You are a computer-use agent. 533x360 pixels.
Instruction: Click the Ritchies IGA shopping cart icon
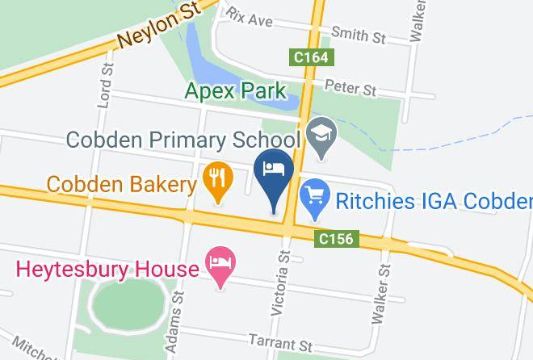click(313, 195)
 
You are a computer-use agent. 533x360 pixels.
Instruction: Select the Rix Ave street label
click(250, 16)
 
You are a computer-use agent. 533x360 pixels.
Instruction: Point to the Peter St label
click(350, 86)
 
